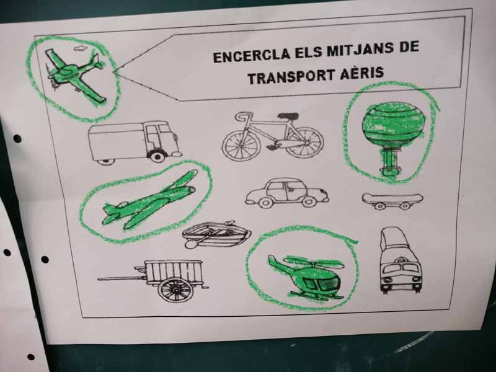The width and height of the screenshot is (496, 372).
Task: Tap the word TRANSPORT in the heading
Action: [x=291, y=76]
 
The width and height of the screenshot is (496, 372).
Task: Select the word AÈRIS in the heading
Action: [x=362, y=73]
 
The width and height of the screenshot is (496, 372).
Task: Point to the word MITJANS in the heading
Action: [x=360, y=50]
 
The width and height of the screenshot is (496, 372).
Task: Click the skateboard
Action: [x=392, y=201]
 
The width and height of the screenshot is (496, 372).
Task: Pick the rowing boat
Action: [x=216, y=234]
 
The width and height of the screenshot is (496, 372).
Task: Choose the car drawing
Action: [x=287, y=193]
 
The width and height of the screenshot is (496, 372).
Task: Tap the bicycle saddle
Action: [x=288, y=115]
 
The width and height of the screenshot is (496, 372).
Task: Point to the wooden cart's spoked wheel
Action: [x=175, y=290]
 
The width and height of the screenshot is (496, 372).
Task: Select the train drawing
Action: [x=401, y=260]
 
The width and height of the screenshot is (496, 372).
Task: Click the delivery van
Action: [x=135, y=143]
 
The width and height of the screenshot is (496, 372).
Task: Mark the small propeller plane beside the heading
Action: [x=73, y=74]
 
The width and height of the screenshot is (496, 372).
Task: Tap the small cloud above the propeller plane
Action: [x=81, y=48]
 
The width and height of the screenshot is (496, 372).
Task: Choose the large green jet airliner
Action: [x=149, y=200]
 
